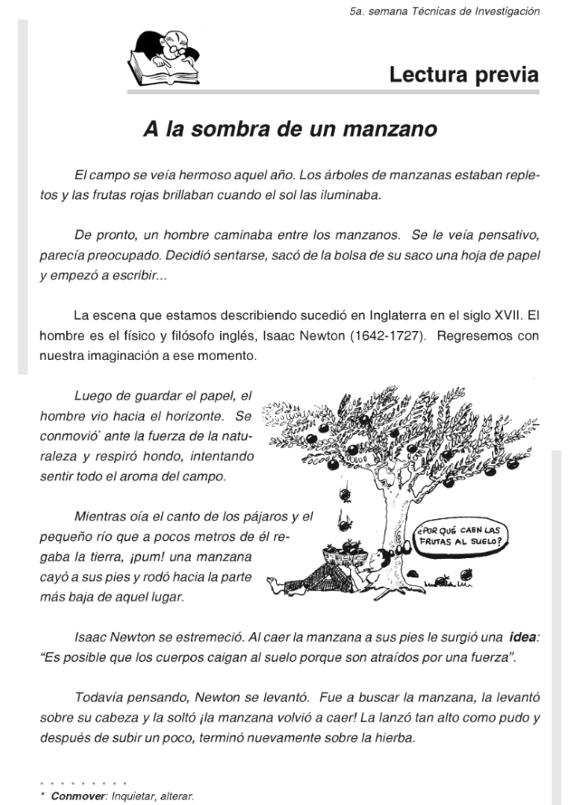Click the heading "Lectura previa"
coord(464,75)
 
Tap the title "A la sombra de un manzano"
coord(289,129)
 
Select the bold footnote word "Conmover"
coord(79,796)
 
